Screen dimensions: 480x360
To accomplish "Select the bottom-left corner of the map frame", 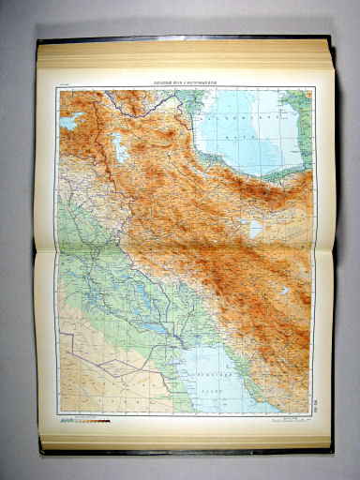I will pos(57,412).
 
